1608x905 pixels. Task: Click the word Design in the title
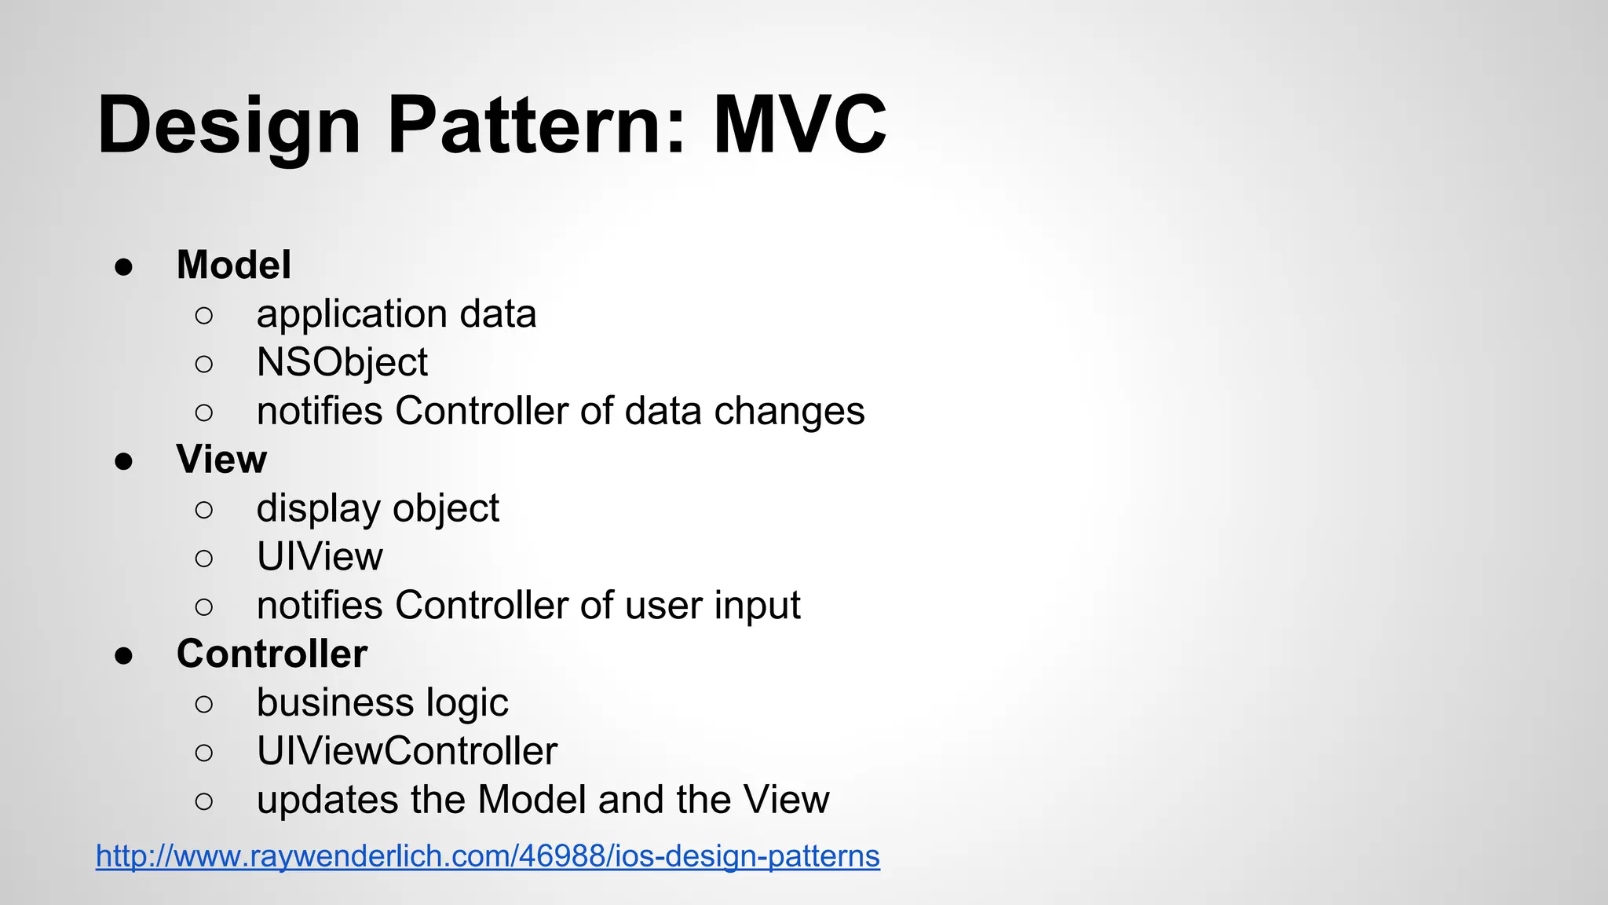(228, 126)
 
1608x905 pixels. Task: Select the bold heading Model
(233, 265)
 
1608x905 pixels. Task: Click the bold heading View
(221, 460)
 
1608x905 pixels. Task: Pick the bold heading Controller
(272, 654)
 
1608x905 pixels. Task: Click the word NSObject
(342, 363)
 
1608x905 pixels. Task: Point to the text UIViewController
(407, 751)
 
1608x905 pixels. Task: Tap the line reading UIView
(320, 557)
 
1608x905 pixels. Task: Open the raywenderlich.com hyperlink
(488, 856)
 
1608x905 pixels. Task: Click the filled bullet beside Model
(124, 266)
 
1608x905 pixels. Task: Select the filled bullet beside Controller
(124, 655)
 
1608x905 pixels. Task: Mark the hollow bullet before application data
(203, 316)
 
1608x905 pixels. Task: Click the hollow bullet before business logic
(203, 704)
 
